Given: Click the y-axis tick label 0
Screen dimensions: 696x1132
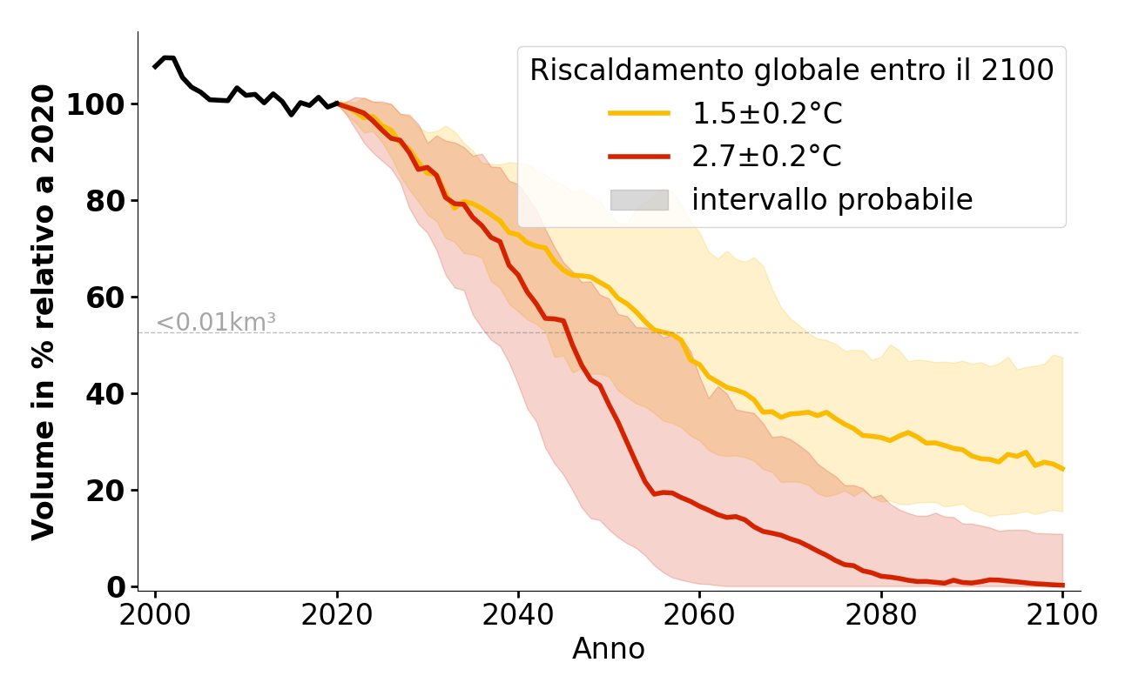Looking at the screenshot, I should click(116, 587).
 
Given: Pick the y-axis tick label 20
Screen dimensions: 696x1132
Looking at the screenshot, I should click(105, 491).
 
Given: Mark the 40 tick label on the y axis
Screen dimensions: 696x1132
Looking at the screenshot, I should click(105, 394).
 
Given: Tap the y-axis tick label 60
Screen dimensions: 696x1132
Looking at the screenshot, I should click(105, 298).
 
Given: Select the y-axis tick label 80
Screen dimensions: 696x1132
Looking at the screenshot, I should click(105, 201).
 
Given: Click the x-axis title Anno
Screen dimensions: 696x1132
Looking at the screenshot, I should click(609, 649).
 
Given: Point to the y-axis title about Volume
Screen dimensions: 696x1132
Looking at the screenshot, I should click(44, 311).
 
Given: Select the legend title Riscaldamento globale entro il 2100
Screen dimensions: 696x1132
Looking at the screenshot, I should click(792, 70).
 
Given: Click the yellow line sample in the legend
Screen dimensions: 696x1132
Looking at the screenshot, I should click(639, 113).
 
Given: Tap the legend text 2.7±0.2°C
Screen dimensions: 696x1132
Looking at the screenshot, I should click(766, 157).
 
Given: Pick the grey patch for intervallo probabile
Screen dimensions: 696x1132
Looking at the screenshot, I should click(639, 200).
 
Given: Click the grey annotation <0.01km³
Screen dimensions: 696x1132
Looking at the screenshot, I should click(216, 323).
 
